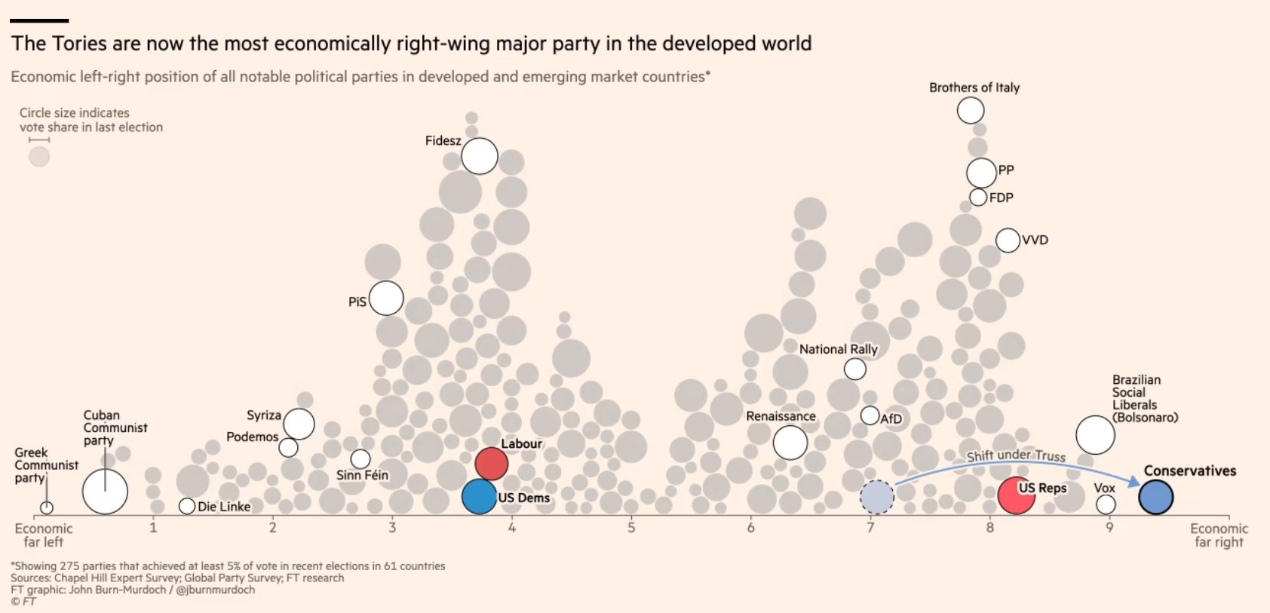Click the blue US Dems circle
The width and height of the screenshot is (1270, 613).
[x=479, y=497]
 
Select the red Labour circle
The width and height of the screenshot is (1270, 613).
[x=491, y=464]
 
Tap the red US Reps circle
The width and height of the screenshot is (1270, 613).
[x=1015, y=495]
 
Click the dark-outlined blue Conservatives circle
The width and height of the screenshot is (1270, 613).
[x=1155, y=497]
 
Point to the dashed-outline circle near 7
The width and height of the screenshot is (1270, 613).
[x=877, y=497]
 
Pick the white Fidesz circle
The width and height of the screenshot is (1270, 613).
[x=480, y=156]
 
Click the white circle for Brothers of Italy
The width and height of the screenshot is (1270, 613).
[x=971, y=110]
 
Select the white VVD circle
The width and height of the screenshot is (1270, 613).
[x=1008, y=241]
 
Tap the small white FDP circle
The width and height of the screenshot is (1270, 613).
[x=978, y=198]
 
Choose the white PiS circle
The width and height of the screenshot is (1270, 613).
[x=386, y=298]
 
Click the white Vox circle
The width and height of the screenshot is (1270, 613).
[x=1106, y=504]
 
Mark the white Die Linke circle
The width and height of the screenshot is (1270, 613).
[x=187, y=506]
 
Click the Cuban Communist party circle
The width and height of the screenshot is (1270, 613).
[x=105, y=492]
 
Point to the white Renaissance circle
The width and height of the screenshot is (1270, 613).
[x=790, y=443]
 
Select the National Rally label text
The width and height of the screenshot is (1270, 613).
[x=838, y=349]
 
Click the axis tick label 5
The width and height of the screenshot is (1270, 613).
[x=631, y=528]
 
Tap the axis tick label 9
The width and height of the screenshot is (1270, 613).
[x=1109, y=528]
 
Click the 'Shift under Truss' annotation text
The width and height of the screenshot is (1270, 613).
[x=1016, y=455]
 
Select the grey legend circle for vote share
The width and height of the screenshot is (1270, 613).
[x=39, y=157]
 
